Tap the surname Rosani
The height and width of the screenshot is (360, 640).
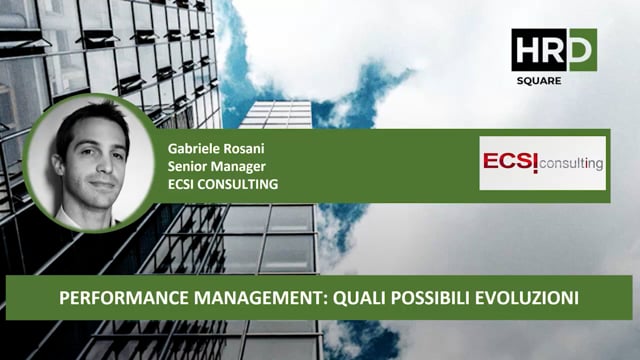click(x=240, y=148)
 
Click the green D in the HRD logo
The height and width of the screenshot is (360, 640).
click(x=581, y=48)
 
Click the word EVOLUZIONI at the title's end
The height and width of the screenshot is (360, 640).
click(x=530, y=298)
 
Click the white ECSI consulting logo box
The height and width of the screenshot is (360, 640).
click(x=542, y=162)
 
